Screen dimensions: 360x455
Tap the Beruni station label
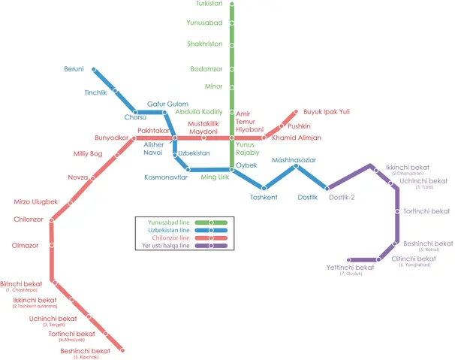click(x=74, y=69)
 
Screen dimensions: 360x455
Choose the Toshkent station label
click(x=264, y=197)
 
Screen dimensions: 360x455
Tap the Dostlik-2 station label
click(x=342, y=197)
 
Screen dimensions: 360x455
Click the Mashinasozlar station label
click(x=294, y=160)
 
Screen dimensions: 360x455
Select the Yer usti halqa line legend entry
click(x=166, y=245)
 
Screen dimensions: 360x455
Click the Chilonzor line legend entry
click(x=168, y=237)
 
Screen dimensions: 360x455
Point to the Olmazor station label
click(x=25, y=245)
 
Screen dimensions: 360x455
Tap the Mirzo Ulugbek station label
click(x=35, y=201)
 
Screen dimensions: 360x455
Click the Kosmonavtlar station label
click(x=166, y=178)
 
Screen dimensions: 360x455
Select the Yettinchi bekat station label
click(x=350, y=268)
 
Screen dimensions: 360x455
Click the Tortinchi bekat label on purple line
click(x=426, y=211)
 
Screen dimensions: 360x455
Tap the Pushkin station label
click(x=299, y=126)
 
